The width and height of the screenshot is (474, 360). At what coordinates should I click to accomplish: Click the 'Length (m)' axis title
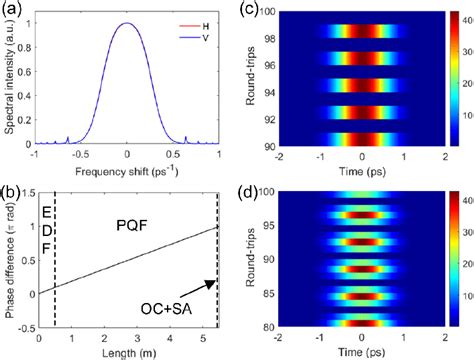pyautogui.click(x=127, y=352)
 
